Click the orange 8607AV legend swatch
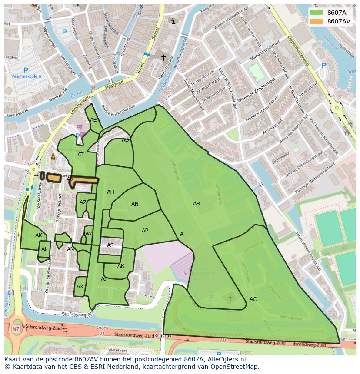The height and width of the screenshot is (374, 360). (317, 21)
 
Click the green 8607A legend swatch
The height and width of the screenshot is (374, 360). (317, 13)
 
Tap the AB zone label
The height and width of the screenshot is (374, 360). (197, 204)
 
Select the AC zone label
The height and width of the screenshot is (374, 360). (253, 299)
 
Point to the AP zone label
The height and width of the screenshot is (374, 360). (145, 231)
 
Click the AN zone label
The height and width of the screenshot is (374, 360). (135, 204)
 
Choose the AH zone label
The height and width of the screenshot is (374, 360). (110, 192)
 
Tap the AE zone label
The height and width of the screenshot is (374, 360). (93, 120)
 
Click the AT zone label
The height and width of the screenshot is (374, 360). (80, 155)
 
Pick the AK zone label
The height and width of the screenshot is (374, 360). (39, 235)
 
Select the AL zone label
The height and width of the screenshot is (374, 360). (44, 249)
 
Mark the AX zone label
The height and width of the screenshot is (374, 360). (80, 287)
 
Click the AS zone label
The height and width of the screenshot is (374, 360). (110, 245)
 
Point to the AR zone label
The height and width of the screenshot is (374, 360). (121, 266)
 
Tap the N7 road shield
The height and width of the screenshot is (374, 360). (16, 329)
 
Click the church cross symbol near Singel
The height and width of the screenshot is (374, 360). (163, 57)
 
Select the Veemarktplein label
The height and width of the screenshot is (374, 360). (26, 76)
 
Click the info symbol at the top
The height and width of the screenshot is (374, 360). (173, 21)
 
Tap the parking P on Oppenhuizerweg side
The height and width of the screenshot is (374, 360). (323, 66)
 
